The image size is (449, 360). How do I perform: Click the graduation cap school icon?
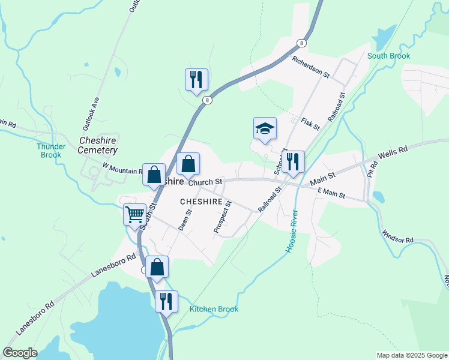pyautogui.click(x=265, y=128)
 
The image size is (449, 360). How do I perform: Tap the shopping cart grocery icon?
pyautogui.click(x=134, y=214)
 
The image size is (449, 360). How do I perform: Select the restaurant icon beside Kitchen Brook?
pyautogui.click(x=166, y=301)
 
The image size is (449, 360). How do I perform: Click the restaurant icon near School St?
pyautogui.click(x=293, y=162)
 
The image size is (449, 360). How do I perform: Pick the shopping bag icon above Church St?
pyautogui.click(x=188, y=164)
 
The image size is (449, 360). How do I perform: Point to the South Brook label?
pyautogui.click(x=388, y=56)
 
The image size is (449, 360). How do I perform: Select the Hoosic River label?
pyautogui.click(x=292, y=231)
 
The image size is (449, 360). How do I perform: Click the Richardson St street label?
pyautogui.click(x=311, y=68)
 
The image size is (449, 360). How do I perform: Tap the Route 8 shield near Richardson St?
pyautogui.click(x=301, y=43)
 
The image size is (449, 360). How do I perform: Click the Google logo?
pyautogui.click(x=20, y=352)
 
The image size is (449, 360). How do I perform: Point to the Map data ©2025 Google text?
pyautogui.click(x=411, y=355)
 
